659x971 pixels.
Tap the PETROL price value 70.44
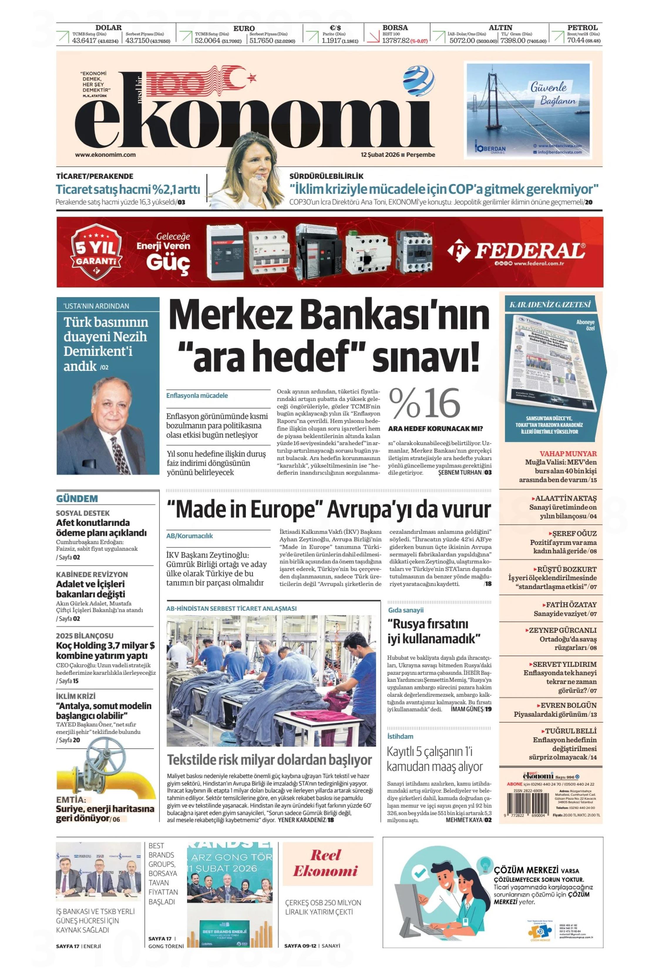click(576, 41)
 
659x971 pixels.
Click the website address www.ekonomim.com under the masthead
click(105, 155)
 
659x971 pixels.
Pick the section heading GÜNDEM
click(77, 499)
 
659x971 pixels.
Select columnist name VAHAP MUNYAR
click(568, 453)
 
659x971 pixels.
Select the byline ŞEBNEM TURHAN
click(459, 472)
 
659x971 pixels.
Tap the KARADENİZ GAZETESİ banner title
click(550, 304)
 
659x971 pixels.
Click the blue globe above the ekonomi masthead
click(418, 81)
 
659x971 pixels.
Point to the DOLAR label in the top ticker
click(109, 28)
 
